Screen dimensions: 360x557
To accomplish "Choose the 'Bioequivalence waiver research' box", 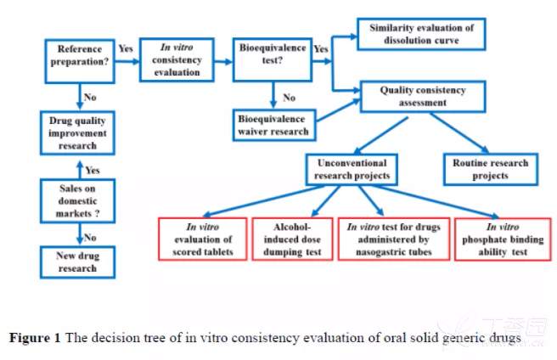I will pyautogui.click(x=272, y=124).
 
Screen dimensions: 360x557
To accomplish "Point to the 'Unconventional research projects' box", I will pyautogui.click(x=351, y=169).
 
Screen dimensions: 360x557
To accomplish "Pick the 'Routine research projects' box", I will pyautogui.click(x=490, y=169).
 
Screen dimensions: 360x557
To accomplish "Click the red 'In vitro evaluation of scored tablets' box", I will pyautogui.click(x=203, y=238).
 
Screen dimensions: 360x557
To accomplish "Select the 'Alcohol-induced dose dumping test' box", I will pyautogui.click(x=292, y=238).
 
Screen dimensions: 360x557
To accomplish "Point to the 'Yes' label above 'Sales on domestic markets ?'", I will pyautogui.click(x=93, y=170).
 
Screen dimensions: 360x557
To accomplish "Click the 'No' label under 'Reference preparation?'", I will pyautogui.click(x=90, y=98).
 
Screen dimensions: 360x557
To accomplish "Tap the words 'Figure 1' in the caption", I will pyautogui.click(x=35, y=338).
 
